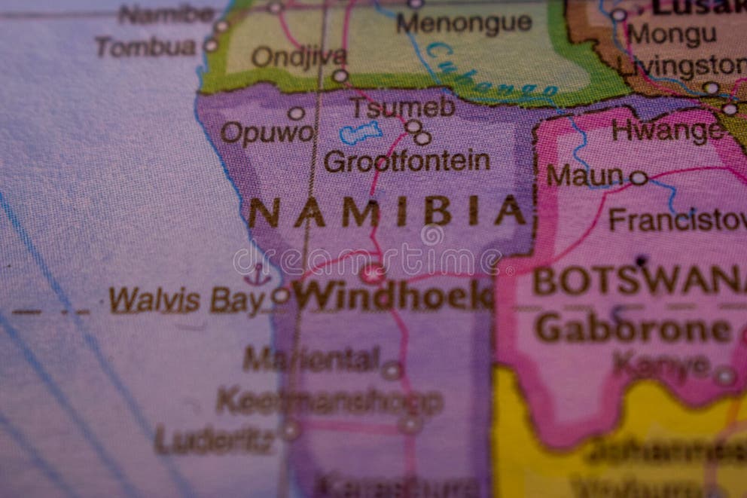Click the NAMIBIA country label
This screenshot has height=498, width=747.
[386, 212]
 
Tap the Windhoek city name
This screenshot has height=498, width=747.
[392, 295]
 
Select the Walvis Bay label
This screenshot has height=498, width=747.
[188, 300]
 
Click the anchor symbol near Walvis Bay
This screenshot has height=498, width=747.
[258, 276]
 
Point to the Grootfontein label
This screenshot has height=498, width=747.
[407, 160]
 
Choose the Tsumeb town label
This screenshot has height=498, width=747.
[402, 108]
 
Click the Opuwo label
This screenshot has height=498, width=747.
[267, 133]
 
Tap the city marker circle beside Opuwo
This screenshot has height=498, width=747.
[297, 114]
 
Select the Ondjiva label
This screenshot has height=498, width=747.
[299, 57]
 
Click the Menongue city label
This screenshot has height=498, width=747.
[465, 23]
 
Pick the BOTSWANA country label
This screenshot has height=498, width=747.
[639, 281]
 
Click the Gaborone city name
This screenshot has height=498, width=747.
[633, 328]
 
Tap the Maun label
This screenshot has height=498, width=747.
[584, 176]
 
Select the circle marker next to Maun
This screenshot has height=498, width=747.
[639, 178]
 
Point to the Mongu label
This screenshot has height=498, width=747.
[672, 35]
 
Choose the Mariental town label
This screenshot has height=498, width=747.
[310, 359]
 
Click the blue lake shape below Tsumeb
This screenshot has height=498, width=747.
[361, 133]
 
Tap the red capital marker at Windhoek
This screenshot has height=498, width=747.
[372, 273]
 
